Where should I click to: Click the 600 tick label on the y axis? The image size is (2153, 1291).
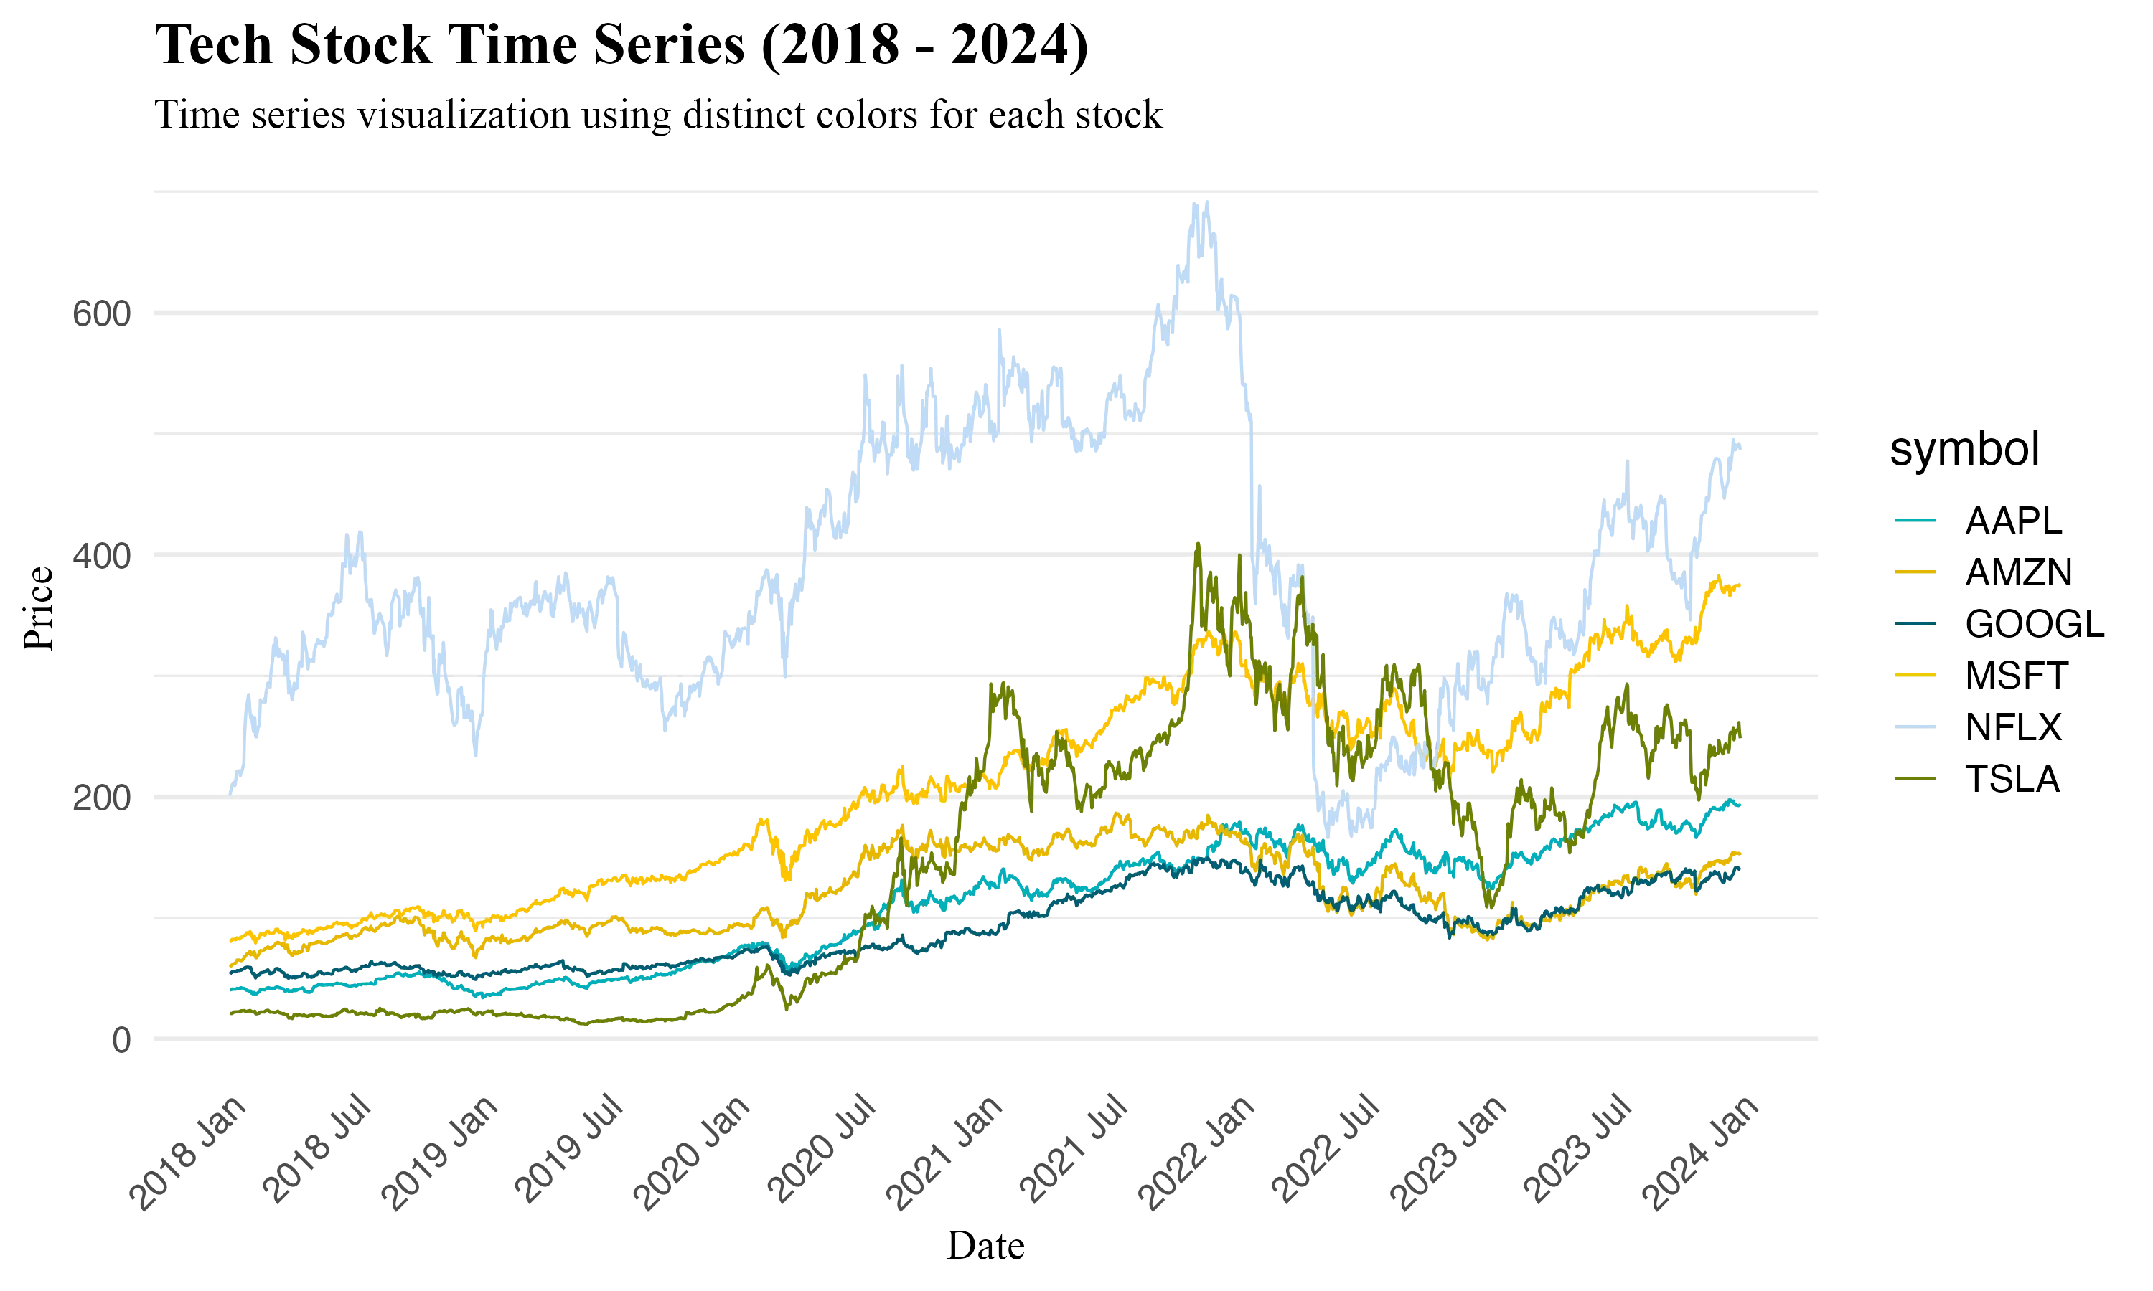[x=100, y=314]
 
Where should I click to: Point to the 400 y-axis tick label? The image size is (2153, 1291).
[x=100, y=557]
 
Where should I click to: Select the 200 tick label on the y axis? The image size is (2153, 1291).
[x=100, y=798]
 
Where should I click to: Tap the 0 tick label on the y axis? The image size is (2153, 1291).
[x=122, y=1041]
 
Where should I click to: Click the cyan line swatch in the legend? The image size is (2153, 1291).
[x=1915, y=520]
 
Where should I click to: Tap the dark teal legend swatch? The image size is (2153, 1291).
[x=1915, y=623]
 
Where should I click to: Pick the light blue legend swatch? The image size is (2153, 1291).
[x=1915, y=726]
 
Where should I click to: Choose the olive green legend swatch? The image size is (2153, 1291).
[x=1915, y=777]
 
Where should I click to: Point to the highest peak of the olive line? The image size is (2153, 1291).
[x=1199, y=542]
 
